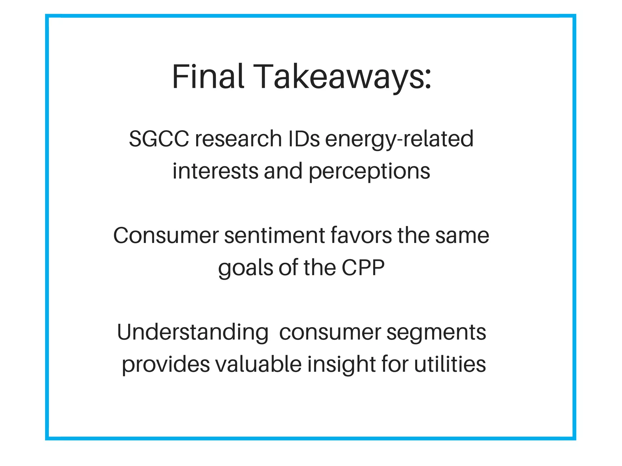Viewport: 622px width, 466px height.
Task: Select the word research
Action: pos(238,139)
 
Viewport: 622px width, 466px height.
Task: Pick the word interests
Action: pos(215,171)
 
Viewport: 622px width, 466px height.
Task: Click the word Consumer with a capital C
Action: pos(166,235)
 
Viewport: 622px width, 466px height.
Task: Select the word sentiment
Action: pos(275,235)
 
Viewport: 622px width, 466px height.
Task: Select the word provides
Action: pos(166,365)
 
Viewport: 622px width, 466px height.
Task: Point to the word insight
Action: pos(341,365)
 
